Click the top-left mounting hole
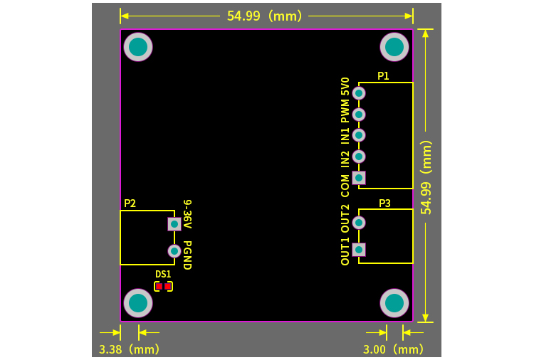[x=138, y=47]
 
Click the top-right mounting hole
[x=394, y=47]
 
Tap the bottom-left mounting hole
[x=138, y=304]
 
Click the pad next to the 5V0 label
[x=360, y=92]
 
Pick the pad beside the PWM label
[x=360, y=114]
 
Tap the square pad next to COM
[x=360, y=177]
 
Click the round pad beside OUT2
[x=360, y=223]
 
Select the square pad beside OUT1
[x=360, y=249]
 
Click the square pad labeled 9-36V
[x=174, y=223]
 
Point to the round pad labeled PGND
[x=174, y=250]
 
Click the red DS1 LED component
[x=163, y=286]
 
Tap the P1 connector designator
[x=383, y=76]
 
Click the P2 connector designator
[x=130, y=203]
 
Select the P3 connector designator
[x=384, y=203]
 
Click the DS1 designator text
[x=163, y=274]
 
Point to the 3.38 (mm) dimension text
[x=129, y=349]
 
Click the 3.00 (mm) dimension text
[x=393, y=349]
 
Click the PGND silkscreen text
[x=187, y=255]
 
